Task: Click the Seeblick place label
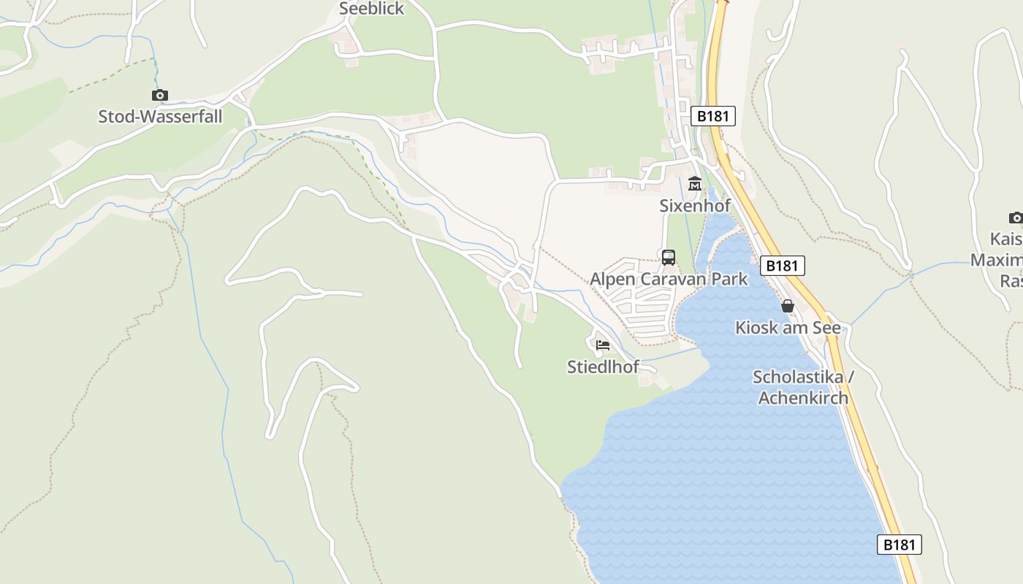tap(371, 9)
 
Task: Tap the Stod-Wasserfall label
tap(160, 116)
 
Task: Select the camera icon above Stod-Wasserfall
tap(160, 95)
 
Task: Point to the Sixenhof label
tap(695, 206)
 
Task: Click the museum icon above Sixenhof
tap(694, 184)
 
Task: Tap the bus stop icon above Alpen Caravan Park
tap(668, 257)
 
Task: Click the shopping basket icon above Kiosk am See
tap(787, 306)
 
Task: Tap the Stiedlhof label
tap(603, 366)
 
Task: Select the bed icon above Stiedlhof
tap(603, 345)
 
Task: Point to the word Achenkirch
tap(803, 398)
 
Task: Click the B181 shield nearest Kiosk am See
tap(782, 266)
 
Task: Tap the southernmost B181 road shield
tap(899, 545)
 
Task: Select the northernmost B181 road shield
tap(712, 116)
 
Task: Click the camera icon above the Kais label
tap(1015, 218)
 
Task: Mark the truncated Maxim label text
tap(997, 260)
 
